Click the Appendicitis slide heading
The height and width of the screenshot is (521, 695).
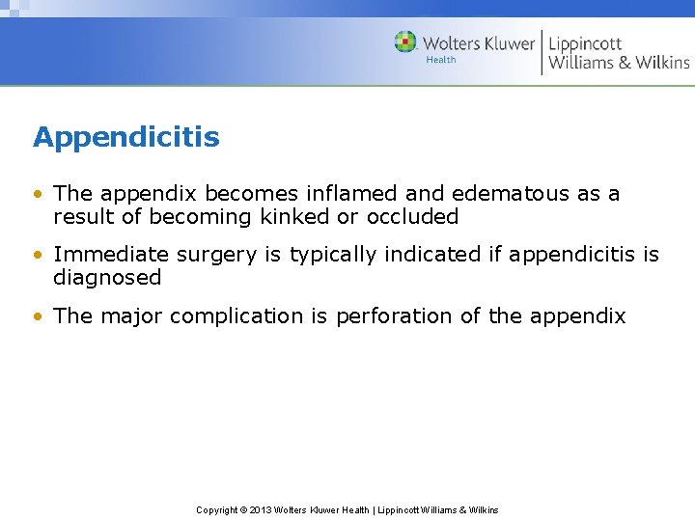click(126, 138)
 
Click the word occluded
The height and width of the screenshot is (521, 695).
click(412, 217)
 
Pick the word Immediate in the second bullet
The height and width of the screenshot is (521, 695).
click(98, 255)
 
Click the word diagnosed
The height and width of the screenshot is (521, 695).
click(107, 278)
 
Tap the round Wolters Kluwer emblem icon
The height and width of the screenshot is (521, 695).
click(405, 42)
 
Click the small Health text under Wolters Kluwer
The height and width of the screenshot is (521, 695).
click(440, 60)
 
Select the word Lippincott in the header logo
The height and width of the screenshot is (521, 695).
click(585, 43)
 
